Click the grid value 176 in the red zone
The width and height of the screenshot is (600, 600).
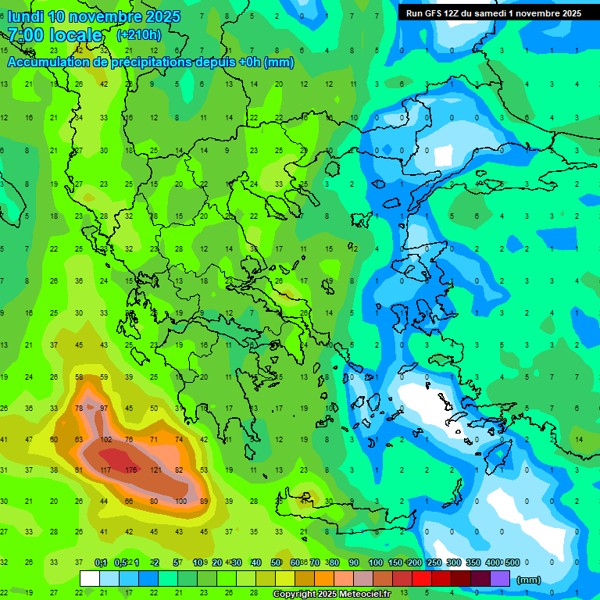(130, 470)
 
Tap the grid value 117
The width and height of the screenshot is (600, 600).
(105, 470)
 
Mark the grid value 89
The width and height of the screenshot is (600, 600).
(204, 501)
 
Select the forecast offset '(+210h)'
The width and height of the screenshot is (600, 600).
(138, 35)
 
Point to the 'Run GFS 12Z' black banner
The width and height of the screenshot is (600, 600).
(493, 13)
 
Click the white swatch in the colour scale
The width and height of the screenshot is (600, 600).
(90, 579)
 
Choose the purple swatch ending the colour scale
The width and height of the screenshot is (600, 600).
(500, 579)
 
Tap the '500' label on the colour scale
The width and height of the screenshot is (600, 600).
(511, 562)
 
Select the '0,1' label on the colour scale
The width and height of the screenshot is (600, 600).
(101, 562)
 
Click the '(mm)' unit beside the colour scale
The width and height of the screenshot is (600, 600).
(529, 580)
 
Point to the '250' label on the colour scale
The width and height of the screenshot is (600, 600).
(434, 562)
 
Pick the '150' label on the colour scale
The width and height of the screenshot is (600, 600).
(395, 562)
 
